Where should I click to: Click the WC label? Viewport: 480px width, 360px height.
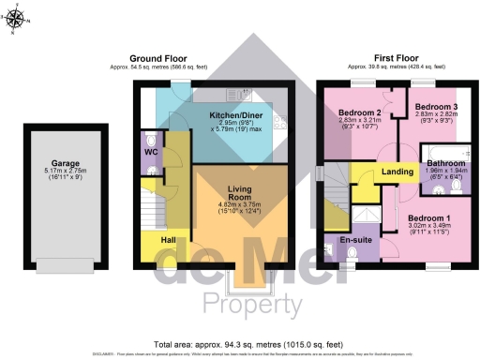click(x=149, y=150)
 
